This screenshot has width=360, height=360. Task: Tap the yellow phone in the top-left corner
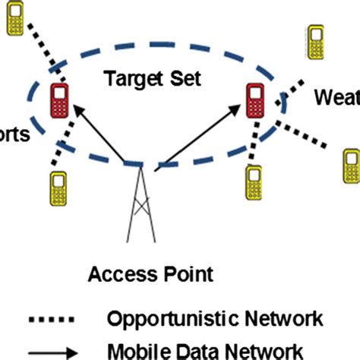click(x=14, y=21)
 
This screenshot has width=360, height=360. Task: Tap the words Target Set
click(x=143, y=78)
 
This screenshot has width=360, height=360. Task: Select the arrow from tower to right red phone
click(x=199, y=137)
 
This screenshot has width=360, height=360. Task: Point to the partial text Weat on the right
click(x=336, y=98)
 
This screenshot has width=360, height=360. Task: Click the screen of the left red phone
click(x=57, y=93)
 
